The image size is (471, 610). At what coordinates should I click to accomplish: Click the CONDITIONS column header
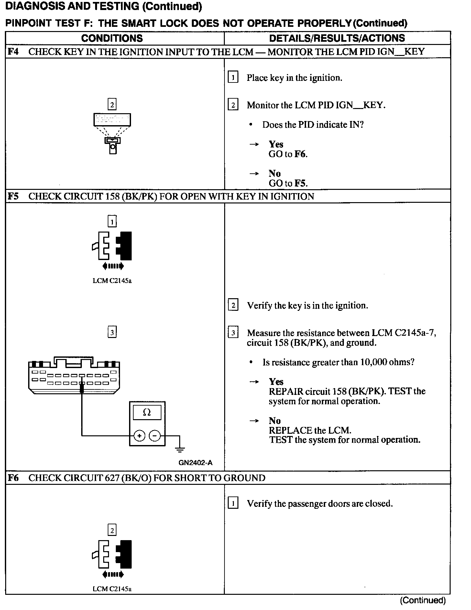[x=112, y=38]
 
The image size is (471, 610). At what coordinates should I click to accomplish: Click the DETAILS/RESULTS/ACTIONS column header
[x=337, y=38]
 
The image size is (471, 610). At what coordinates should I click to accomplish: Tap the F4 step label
[x=13, y=52]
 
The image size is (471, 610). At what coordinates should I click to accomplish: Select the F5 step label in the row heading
[x=13, y=196]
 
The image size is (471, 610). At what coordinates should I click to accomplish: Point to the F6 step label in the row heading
[x=13, y=478]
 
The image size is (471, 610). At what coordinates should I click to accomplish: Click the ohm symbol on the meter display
[x=147, y=412]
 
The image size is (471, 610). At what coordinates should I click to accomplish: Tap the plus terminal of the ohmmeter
[x=139, y=436]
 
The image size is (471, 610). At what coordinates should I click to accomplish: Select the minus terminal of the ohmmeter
[x=155, y=436]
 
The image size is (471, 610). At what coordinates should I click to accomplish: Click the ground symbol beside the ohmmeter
[x=180, y=448]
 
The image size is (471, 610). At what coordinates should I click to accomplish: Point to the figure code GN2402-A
[x=195, y=463]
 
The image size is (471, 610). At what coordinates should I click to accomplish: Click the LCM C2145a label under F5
[x=112, y=281]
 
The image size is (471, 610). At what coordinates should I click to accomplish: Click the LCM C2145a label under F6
[x=112, y=589]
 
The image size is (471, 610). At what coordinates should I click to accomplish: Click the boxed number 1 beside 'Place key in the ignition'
[x=233, y=78]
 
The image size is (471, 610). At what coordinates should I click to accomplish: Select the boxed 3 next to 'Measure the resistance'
[x=233, y=333]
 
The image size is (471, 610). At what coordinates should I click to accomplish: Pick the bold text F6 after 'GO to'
[x=300, y=154]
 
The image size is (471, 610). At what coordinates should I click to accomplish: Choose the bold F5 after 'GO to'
[x=300, y=183]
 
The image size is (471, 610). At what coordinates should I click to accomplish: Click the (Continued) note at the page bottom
[x=423, y=600]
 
